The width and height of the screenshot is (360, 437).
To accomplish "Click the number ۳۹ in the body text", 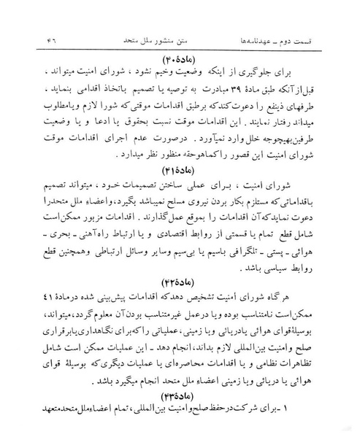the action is tap(231, 94).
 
